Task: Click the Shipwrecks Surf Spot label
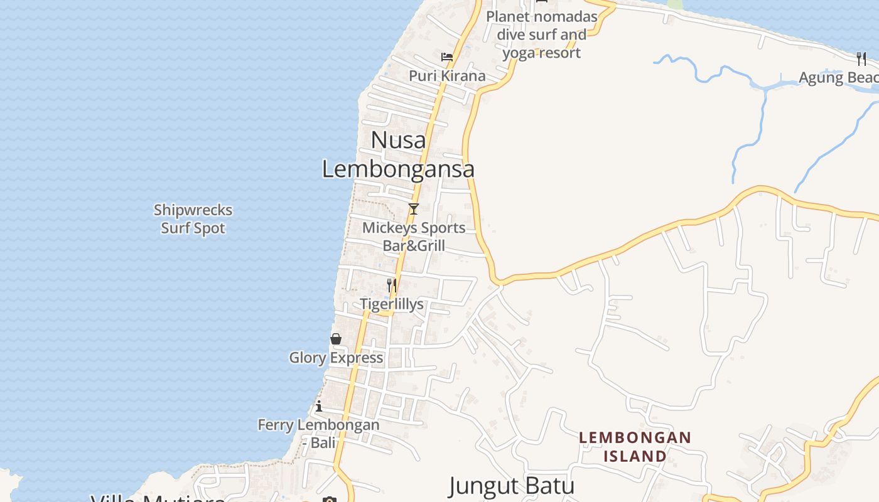(x=193, y=219)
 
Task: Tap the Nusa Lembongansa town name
(x=398, y=154)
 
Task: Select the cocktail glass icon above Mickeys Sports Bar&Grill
(x=413, y=209)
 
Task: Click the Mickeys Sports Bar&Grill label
(x=414, y=237)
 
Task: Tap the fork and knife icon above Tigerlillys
(x=391, y=286)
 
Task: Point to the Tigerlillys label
(x=392, y=304)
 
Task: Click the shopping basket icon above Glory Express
(x=336, y=339)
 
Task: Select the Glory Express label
(x=336, y=358)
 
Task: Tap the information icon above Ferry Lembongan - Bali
(x=319, y=406)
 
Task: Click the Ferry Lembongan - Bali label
(x=319, y=433)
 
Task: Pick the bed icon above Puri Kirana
(x=447, y=57)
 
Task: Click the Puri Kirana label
(x=447, y=76)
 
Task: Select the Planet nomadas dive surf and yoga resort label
(x=541, y=35)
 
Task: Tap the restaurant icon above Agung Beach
(x=861, y=59)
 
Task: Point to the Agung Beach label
(x=838, y=78)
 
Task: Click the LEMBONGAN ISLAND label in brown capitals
(x=635, y=446)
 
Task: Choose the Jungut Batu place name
(x=512, y=486)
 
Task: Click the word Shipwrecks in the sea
(x=193, y=210)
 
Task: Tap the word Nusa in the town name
(x=398, y=140)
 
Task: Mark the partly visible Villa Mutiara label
(x=157, y=498)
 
